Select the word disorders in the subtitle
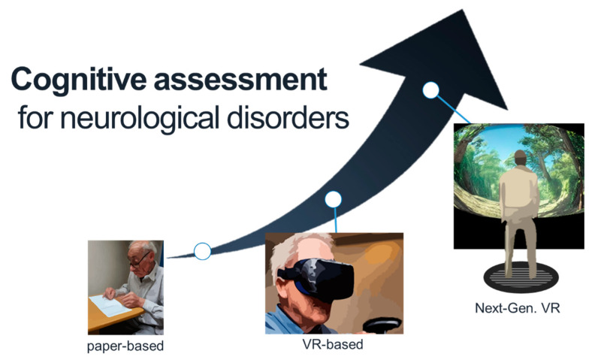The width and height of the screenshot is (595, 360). tap(288, 117)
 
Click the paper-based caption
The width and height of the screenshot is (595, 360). tap(125, 346)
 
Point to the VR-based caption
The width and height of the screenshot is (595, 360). tap(333, 344)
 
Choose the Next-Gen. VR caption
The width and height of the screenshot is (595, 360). tap(518, 307)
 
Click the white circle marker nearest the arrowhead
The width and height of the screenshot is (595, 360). tap(430, 90)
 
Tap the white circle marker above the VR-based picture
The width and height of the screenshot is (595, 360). tap(333, 199)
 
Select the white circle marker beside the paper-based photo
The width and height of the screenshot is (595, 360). tap(202, 251)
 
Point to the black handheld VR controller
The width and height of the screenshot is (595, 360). tap(382, 325)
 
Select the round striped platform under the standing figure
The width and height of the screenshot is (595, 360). tap(521, 277)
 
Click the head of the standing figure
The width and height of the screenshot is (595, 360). tap(520, 158)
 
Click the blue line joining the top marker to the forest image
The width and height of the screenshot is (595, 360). tap(453, 110)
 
